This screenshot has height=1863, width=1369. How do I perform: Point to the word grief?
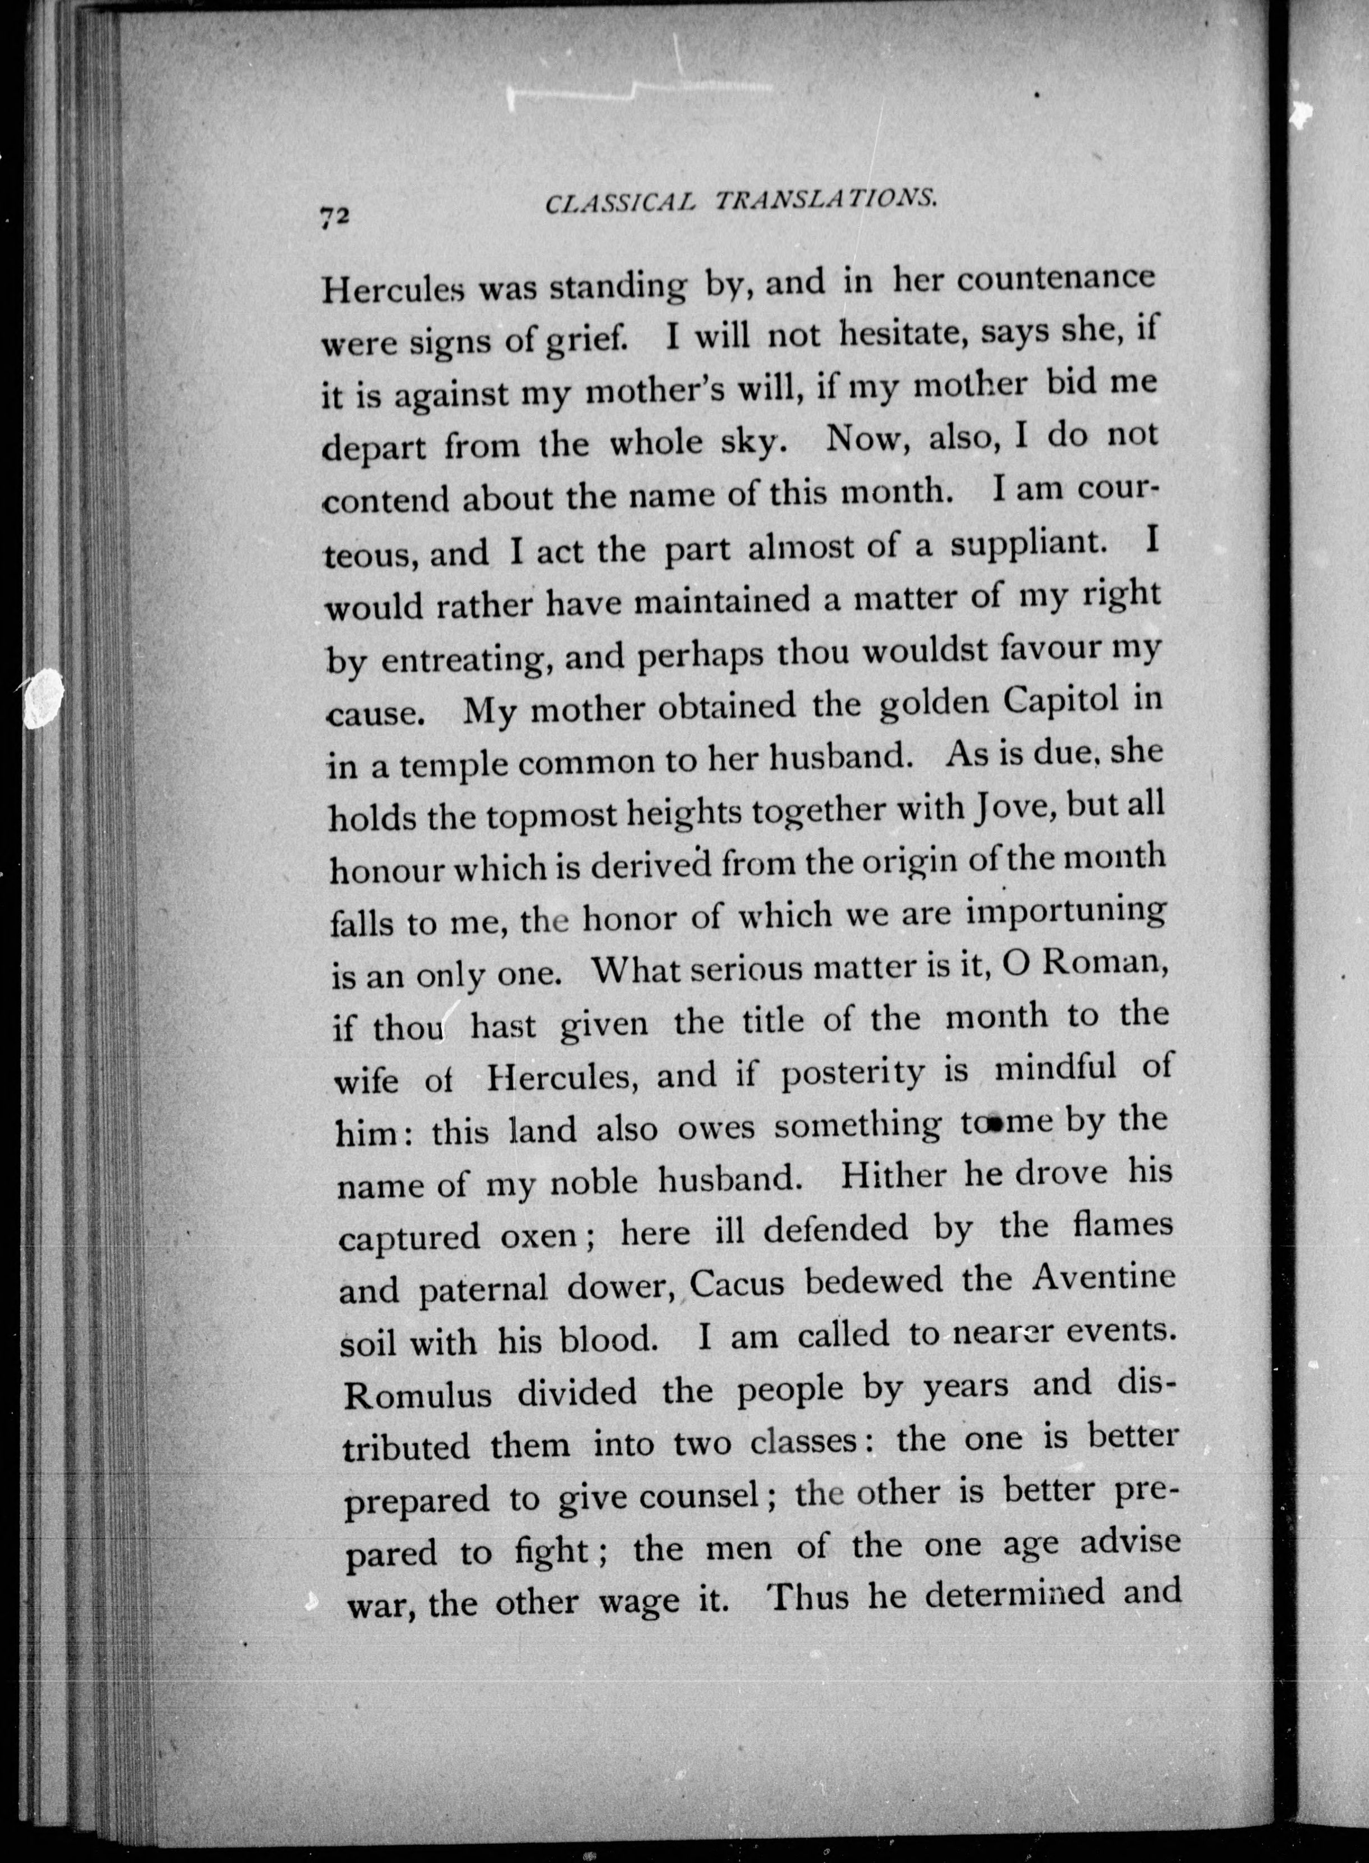click(592, 340)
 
